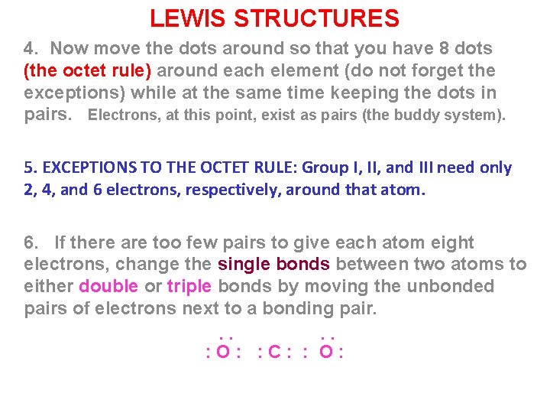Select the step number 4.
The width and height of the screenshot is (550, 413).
(x=31, y=48)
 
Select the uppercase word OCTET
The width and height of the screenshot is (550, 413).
(x=224, y=167)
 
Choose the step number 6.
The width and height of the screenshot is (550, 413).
(x=31, y=243)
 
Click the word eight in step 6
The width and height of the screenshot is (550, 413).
(x=452, y=243)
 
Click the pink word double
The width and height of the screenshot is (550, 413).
(x=108, y=287)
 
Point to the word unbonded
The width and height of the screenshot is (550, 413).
(x=455, y=287)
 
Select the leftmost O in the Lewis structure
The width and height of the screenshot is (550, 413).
(x=222, y=353)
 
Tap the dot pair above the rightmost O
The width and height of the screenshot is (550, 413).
(x=328, y=337)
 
